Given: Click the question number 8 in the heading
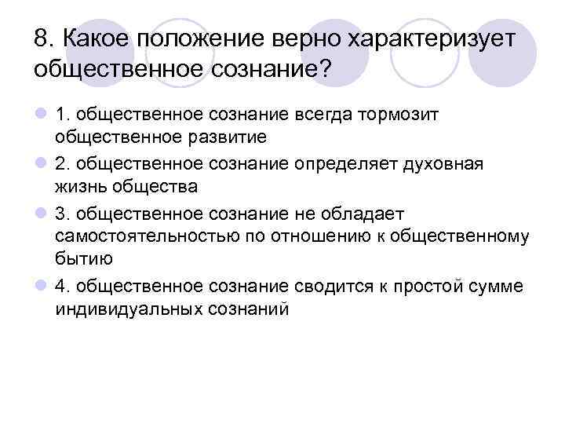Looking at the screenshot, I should point(42,38).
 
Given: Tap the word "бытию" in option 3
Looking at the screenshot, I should point(85,258).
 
